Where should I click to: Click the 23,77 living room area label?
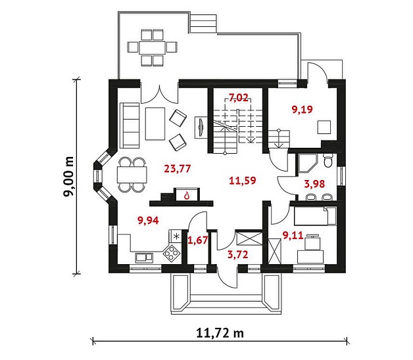178,169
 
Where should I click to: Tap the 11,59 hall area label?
242,181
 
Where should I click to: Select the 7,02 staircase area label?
238,98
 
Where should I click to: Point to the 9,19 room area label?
303,109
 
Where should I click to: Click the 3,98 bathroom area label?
314,184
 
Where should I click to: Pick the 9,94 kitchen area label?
148,221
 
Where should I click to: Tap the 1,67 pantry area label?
197,240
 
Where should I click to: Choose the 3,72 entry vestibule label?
237,254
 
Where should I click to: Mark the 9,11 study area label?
293,235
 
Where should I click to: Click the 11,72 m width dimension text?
220,333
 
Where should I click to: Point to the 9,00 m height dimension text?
69,177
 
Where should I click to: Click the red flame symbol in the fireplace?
187,195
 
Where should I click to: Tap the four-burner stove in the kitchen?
172,254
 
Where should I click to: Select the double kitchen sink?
144,258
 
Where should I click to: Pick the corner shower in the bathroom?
307,164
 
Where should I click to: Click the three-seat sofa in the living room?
130,125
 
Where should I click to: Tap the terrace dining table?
152,48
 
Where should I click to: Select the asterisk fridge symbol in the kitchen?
176,236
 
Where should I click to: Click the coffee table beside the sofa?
155,124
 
